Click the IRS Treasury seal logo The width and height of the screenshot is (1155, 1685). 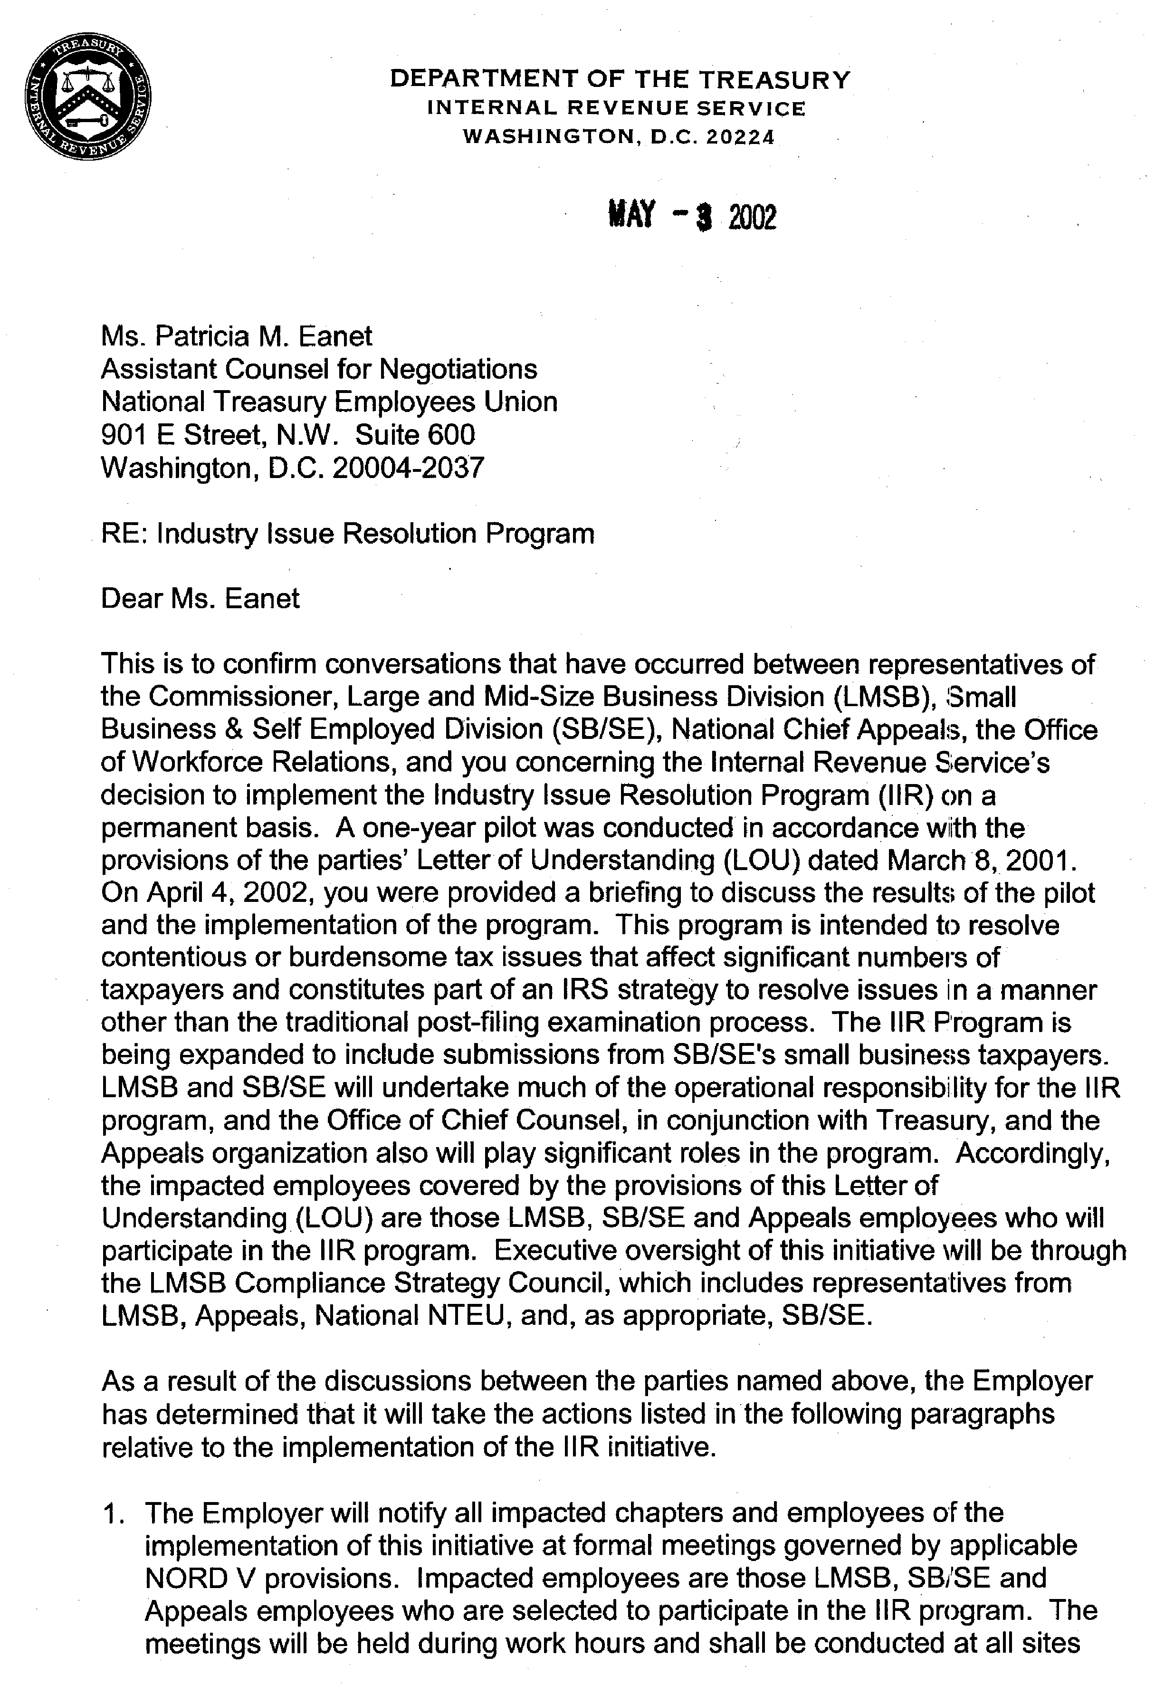[x=88, y=99]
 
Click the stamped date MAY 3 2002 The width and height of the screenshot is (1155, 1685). [x=692, y=216]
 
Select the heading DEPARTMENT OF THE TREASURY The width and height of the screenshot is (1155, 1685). [x=620, y=79]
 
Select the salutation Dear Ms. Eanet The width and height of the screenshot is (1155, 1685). [x=200, y=599]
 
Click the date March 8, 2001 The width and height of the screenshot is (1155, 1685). [x=979, y=861]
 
